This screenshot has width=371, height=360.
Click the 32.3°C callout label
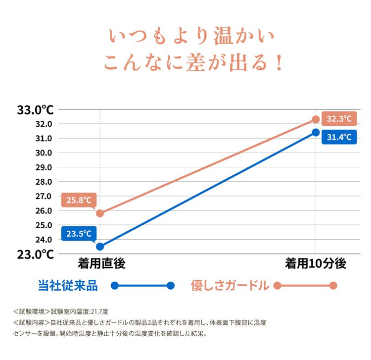[339, 118]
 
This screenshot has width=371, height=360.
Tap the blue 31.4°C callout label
[339, 137]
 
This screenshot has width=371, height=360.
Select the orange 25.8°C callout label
[79, 200]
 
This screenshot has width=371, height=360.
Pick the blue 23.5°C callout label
[79, 234]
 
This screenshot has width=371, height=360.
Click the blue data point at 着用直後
[100, 247]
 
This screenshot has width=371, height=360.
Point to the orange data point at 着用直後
[100, 213]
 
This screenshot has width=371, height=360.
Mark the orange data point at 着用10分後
[316, 119]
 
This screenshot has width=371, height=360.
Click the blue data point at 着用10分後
[316, 132]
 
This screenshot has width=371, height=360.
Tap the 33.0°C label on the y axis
[36, 110]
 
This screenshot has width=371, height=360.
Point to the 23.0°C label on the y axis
[36, 255]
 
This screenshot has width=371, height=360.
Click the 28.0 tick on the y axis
[44, 182]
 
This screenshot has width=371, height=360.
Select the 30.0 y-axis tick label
[44, 153]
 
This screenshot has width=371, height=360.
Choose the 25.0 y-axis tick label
[44, 225]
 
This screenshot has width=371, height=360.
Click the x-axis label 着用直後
[101, 263]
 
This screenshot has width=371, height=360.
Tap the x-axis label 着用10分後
[316, 263]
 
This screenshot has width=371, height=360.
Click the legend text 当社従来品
[68, 285]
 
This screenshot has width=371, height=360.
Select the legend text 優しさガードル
[230, 285]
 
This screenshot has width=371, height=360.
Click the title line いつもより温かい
[191, 36]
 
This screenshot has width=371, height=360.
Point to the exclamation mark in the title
[279, 62]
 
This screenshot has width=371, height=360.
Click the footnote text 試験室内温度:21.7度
[80, 311]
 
